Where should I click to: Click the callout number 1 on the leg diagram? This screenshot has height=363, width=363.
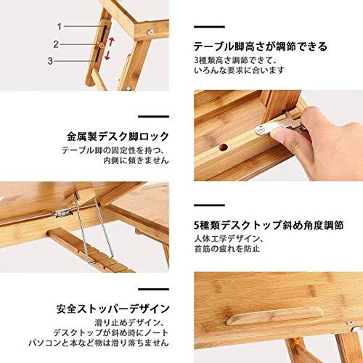coord(60,27)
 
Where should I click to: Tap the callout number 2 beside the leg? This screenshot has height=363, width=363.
coord(56,44)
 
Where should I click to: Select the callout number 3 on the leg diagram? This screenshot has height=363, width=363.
coord(50,61)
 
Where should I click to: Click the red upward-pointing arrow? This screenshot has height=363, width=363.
coord(111,42)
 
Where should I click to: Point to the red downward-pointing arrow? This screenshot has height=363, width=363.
coord(107,55)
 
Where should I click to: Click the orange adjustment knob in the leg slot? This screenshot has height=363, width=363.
coord(101,45)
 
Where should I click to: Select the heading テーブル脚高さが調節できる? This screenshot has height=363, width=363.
coord(261,46)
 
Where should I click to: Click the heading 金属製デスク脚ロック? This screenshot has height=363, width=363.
coord(118,136)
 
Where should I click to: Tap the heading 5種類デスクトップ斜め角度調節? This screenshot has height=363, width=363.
coord(269,225)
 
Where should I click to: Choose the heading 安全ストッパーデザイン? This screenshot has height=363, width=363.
coord(113,309)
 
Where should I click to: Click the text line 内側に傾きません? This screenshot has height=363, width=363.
coord(136,160)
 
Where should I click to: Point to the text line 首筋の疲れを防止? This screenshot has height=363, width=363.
coord(227,249)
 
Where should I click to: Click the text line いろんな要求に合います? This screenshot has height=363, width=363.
coord(240,70)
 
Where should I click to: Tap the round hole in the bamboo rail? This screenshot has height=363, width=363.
coord(224,147)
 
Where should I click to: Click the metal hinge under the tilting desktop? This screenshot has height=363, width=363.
coord(63,213)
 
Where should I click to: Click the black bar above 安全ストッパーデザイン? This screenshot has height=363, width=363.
coord(154,289)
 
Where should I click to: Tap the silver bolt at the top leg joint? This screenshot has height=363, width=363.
coord(151,31)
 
